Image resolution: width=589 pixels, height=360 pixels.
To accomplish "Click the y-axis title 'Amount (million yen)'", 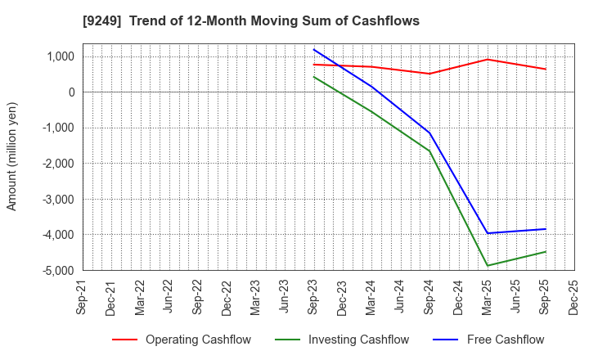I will [11, 156].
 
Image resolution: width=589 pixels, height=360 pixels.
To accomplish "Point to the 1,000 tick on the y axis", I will [60, 56].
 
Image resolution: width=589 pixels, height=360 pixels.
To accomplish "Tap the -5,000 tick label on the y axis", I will [58, 270].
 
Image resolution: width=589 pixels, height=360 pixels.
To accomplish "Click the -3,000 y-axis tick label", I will [58, 199].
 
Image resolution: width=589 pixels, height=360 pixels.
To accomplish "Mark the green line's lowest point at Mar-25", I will [488, 266].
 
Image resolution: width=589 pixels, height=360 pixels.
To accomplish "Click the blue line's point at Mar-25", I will [488, 233].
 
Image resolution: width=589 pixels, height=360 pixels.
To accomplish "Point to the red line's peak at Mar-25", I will [488, 59].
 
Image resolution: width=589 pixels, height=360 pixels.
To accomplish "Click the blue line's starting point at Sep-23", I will [314, 49].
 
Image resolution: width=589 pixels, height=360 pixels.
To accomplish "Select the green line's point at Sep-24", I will [429, 151].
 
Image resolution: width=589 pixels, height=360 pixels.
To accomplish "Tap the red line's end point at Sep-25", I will [546, 69].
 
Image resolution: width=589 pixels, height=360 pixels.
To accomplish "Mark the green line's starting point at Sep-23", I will [314, 77].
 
